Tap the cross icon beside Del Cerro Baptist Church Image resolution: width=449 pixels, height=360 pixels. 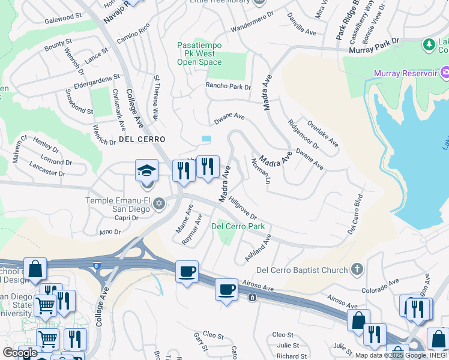357,269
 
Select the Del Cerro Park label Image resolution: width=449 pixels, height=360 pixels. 238,226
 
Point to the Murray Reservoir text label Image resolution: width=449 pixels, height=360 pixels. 405,73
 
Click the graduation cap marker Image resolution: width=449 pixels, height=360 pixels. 146,171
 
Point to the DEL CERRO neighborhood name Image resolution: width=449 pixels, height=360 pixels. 142,139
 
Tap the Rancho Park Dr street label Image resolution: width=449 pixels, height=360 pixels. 228,86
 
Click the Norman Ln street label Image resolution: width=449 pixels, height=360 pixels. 258,171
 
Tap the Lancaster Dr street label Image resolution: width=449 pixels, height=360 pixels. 47,170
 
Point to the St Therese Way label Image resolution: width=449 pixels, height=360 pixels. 158,96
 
